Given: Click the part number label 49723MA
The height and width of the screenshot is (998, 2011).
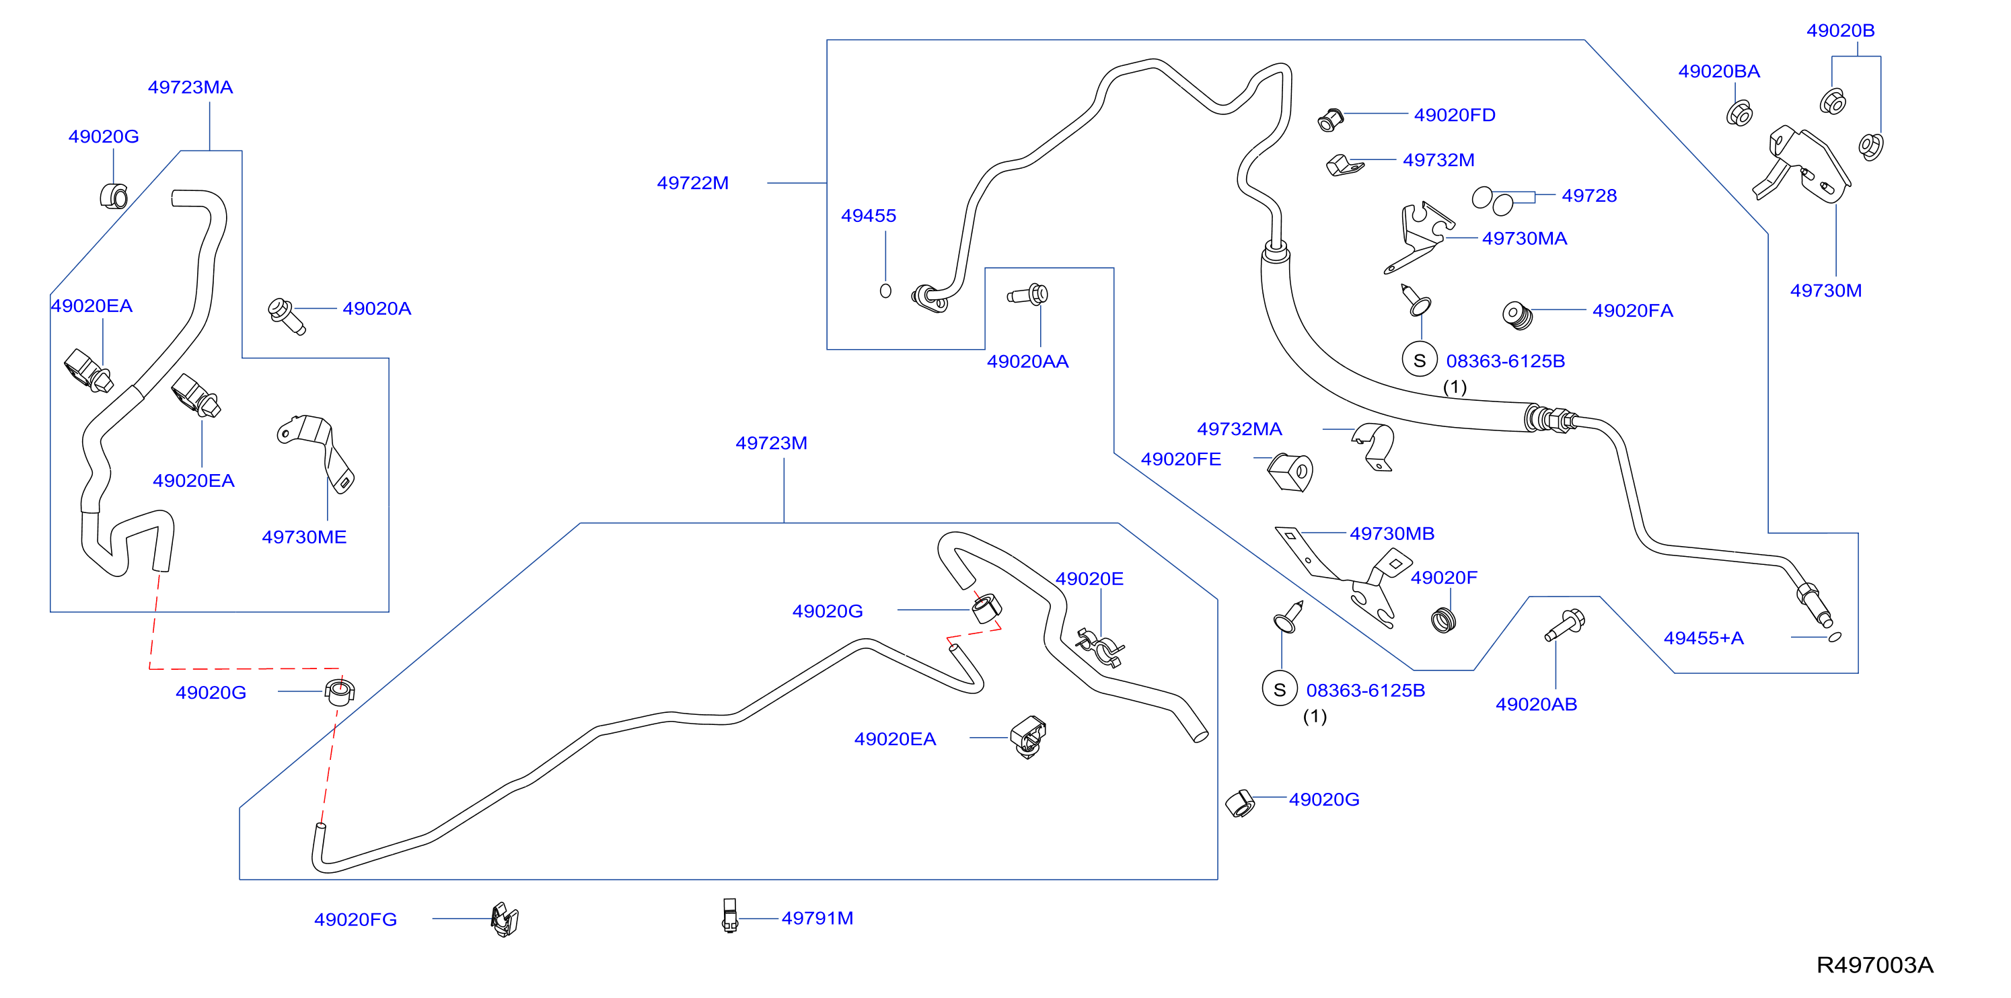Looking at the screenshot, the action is click(190, 87).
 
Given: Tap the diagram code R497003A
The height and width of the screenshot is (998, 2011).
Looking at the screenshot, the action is click(1874, 965).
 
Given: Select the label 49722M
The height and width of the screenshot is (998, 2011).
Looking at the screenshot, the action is click(692, 183).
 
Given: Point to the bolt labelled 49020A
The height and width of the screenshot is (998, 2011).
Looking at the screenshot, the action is click(286, 315).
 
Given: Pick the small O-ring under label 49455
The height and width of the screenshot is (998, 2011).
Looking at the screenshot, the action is click(885, 291).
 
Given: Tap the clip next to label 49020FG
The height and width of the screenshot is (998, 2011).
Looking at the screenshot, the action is click(505, 919).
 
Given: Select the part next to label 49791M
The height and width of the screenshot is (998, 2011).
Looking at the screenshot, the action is click(729, 915).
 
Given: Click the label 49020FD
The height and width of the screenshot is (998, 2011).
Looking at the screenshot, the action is click(1455, 115).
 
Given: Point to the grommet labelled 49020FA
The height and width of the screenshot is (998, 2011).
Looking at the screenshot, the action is click(1518, 315).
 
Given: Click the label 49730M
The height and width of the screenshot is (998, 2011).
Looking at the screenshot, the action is click(1825, 291).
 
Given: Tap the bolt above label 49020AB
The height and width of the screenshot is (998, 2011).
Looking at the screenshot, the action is click(1564, 625).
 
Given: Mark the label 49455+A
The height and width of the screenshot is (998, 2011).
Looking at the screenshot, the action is click(1704, 638).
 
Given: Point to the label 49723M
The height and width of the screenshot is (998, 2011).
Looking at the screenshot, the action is click(771, 443).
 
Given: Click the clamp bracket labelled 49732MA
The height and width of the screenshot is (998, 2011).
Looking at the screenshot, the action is click(1373, 447).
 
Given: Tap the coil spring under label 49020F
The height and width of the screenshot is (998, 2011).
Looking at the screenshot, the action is click(1443, 620).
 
